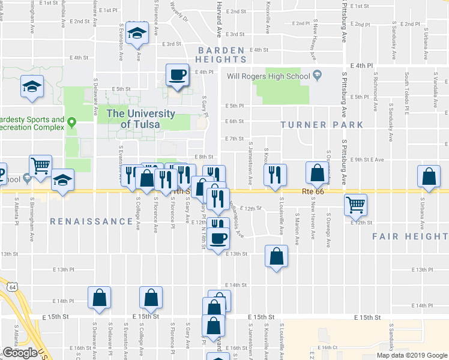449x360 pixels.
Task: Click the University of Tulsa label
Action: pyautogui.click(x=140, y=118)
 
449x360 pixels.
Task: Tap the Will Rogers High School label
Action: pyautogui.click(x=268, y=76)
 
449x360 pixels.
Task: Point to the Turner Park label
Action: pyautogui.click(x=322, y=125)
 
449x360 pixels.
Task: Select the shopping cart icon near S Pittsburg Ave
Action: pyautogui.click(x=355, y=205)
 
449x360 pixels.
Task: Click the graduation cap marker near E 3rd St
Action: pyautogui.click(x=138, y=34)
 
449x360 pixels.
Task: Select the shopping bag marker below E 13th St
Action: pyautogui.click(x=276, y=257)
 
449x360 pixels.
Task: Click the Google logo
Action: pyautogui.click(x=20, y=352)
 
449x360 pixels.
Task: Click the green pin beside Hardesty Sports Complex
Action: pyautogui.click(x=71, y=123)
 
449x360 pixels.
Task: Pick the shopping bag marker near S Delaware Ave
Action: pyautogui.click(x=100, y=298)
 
